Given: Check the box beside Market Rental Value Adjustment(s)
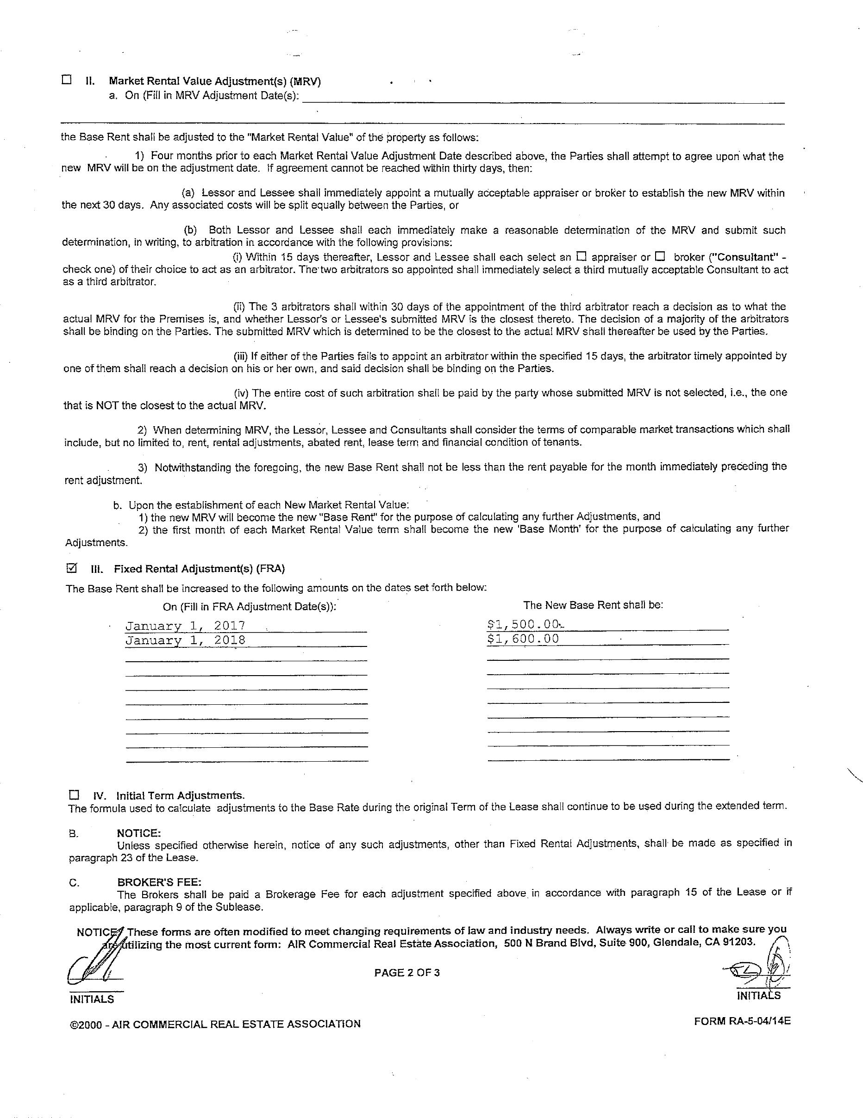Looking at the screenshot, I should [66, 80].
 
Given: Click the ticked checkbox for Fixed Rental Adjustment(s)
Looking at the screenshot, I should [72, 568].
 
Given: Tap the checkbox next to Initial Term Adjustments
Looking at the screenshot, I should [74, 795].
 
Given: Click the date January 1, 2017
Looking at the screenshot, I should [185, 626].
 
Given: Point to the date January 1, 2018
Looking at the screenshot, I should [185, 640].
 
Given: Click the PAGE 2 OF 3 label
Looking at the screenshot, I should [406, 973].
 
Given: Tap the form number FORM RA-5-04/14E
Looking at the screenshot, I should [742, 1021].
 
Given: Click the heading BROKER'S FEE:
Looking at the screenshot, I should [159, 882].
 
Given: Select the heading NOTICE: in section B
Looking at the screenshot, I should [139, 833].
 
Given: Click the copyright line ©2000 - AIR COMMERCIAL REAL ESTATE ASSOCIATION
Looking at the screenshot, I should [216, 1023].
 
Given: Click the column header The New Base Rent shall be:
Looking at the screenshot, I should [593, 604].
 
